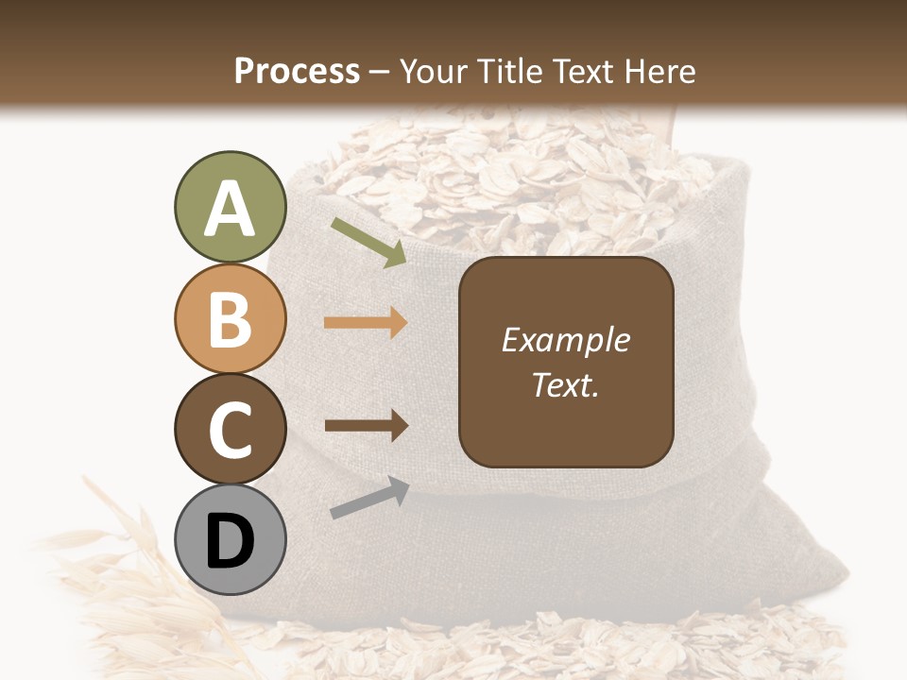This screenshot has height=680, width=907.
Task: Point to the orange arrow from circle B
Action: (366, 323)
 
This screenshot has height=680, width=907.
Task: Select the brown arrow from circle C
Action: (366, 425)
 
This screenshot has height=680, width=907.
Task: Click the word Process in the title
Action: (297, 71)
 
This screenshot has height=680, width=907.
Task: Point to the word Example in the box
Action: (566, 341)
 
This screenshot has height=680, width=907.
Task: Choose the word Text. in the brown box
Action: (566, 384)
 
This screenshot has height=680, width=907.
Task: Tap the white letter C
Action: (230, 430)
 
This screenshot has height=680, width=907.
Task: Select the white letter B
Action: (230, 320)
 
